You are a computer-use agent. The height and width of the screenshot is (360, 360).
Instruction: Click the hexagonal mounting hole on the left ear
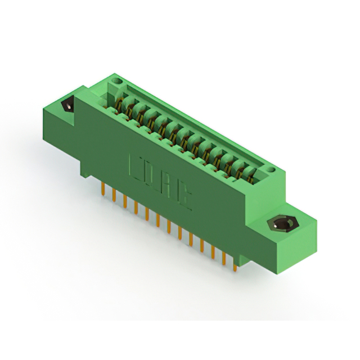point(67,105)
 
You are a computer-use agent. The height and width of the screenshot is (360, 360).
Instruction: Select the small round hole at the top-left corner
point(118,82)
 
